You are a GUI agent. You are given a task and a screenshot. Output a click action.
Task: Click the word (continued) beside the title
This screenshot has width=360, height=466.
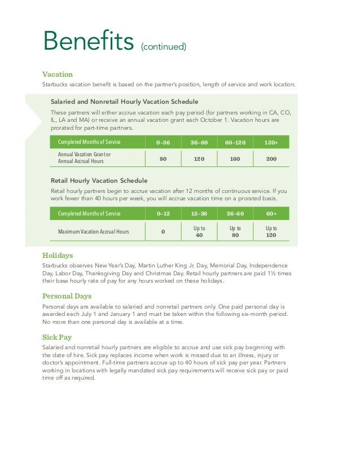(164, 46)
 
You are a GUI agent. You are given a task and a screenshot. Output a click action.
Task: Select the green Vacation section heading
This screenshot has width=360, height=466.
(58, 74)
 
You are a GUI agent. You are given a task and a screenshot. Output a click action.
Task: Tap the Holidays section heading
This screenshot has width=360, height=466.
(57, 255)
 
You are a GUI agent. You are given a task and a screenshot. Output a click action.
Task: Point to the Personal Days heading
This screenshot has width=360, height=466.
(67, 296)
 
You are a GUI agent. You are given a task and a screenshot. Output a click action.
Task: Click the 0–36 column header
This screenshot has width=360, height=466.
(163, 142)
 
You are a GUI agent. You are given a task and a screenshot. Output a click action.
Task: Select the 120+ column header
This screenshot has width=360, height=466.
(271, 142)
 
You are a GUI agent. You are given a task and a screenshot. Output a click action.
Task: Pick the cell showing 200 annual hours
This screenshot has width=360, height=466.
(271, 159)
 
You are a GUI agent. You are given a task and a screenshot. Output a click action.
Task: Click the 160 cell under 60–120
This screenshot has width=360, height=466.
(235, 159)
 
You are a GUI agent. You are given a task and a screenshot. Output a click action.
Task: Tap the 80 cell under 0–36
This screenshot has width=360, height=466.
(163, 159)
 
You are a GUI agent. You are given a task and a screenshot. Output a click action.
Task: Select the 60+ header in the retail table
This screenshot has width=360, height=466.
(271, 214)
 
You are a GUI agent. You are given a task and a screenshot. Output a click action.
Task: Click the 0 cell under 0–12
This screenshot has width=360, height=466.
(163, 232)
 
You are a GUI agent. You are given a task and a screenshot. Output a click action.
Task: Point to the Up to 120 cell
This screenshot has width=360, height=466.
(271, 231)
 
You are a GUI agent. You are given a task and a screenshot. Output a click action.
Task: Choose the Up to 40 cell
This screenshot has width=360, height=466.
(199, 231)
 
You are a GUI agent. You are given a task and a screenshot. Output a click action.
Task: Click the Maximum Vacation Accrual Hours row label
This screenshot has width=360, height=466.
(94, 232)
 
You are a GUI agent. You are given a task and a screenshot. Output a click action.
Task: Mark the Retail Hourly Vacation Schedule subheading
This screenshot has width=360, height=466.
(99, 181)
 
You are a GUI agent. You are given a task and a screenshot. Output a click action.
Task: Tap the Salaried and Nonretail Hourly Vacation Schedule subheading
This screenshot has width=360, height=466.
(124, 102)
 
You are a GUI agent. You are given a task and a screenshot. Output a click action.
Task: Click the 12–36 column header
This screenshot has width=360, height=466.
(199, 214)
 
